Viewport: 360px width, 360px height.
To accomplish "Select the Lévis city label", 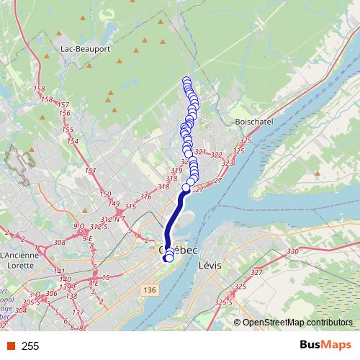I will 210,265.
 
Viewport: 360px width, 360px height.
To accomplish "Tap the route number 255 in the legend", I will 30,346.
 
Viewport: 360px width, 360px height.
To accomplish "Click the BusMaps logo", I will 321,346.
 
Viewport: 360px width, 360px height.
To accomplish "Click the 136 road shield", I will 149,289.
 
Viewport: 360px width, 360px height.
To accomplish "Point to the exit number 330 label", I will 292,251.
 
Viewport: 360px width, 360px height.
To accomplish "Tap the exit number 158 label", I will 48,99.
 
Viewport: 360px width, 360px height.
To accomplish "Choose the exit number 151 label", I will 91,171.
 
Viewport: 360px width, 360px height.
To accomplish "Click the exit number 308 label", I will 60,243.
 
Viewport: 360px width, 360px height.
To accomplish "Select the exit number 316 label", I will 146,197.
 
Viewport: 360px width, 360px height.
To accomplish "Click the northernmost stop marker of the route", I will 186,80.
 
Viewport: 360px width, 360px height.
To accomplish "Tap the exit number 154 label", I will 72,140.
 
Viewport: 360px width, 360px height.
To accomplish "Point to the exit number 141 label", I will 60,271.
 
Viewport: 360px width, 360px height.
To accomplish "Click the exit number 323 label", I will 228,163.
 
